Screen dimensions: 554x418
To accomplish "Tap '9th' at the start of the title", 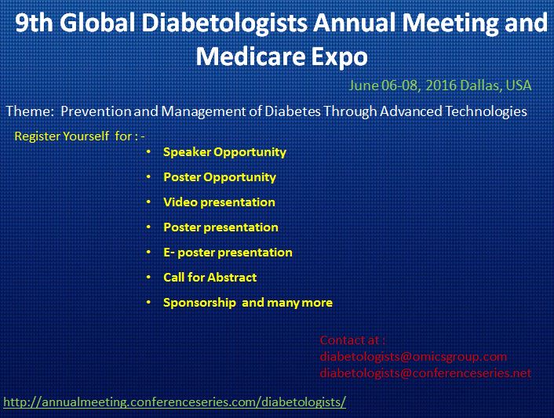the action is point(34,23).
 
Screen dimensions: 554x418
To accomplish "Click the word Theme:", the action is point(30,111).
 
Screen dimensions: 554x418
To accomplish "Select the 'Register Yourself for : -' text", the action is point(79,136).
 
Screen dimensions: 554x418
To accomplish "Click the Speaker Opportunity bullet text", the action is point(224,152).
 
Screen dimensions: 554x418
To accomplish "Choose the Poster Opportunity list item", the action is point(220,177).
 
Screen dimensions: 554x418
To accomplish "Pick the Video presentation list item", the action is point(219,202).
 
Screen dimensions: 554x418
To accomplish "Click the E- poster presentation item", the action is point(228,253).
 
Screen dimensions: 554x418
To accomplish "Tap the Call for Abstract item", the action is point(210,277).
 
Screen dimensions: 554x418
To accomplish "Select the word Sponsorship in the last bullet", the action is point(199,303).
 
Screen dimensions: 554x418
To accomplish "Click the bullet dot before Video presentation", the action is point(149,202).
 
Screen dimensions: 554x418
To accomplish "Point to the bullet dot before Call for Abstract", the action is point(149,277).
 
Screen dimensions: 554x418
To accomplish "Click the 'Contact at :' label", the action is point(352,340).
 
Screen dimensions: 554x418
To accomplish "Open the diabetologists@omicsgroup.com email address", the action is point(414,357).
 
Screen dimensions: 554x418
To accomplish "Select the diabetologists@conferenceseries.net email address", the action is point(425,373).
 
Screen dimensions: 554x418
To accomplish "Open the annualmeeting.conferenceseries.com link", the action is point(174,402).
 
